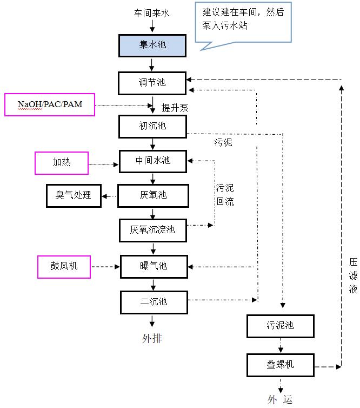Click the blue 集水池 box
(x=152, y=45)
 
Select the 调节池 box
(x=152, y=82)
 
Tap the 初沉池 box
(x=152, y=126)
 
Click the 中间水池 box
(x=152, y=161)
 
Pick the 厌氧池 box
(x=152, y=195)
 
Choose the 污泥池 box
(x=280, y=326)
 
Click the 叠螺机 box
(x=280, y=365)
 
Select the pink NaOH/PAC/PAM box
(x=50, y=104)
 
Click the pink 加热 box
(x=62, y=163)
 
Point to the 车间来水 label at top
(x=152, y=12)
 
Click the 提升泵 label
(x=175, y=108)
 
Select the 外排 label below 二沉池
(x=152, y=339)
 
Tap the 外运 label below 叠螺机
(x=280, y=400)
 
